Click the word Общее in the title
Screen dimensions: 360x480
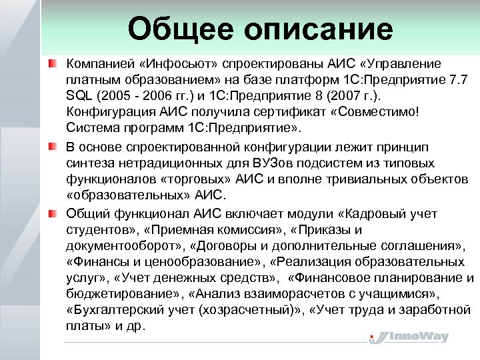click(x=177, y=29)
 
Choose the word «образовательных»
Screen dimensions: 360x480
click(x=122, y=195)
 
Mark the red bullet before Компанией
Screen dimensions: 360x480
click(x=52, y=64)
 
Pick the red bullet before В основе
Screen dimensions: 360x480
click(x=52, y=146)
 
